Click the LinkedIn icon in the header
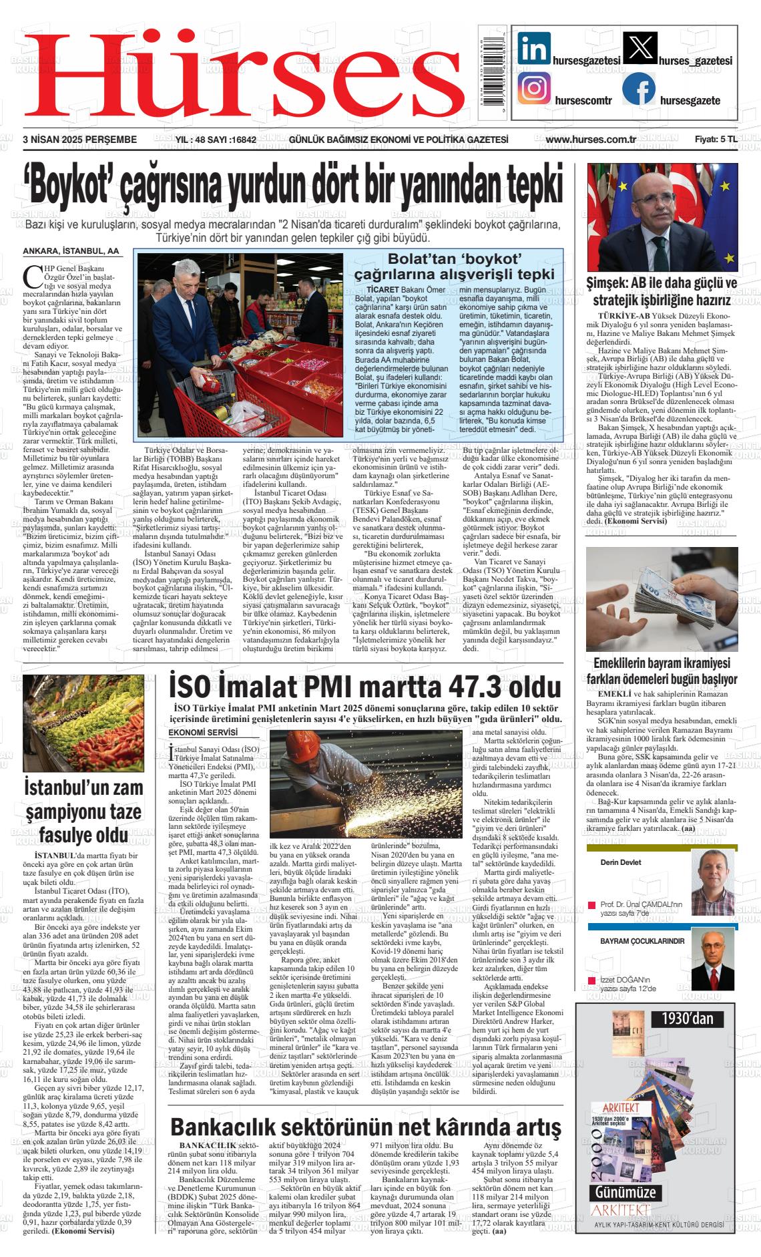click(534, 48)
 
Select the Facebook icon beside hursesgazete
click(638, 89)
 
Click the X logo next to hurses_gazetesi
click(639, 48)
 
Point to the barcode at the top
click(493, 71)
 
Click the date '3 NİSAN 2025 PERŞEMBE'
click(79, 140)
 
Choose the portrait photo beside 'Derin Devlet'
click(712, 882)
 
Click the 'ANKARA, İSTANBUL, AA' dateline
click(71, 252)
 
